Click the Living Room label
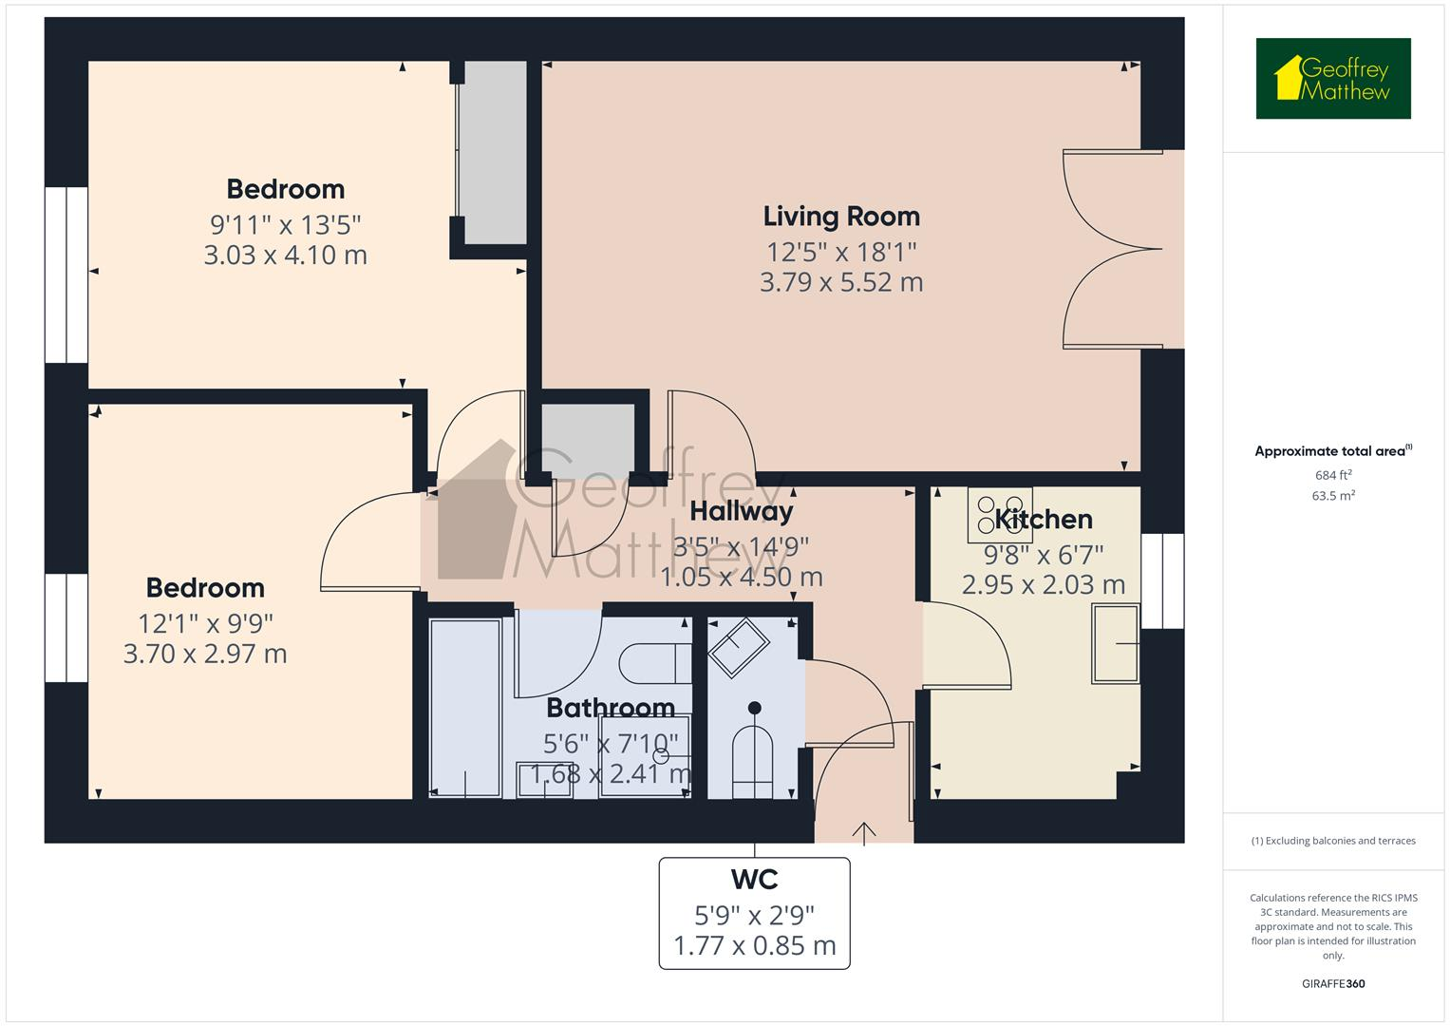pyautogui.click(x=841, y=217)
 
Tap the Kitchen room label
pyautogui.click(x=1044, y=520)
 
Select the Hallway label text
pyautogui.click(x=741, y=512)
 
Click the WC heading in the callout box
pyautogui.click(x=755, y=880)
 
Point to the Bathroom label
pyautogui.click(x=611, y=708)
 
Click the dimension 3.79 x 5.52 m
pyautogui.click(x=841, y=283)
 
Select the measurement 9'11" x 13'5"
pyautogui.click(x=285, y=225)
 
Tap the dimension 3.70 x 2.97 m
pyautogui.click(x=205, y=654)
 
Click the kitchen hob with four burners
pyautogui.click(x=1000, y=515)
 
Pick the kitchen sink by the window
pyautogui.click(x=1116, y=643)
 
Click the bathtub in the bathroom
pyautogui.click(x=464, y=708)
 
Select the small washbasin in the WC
pyautogui.click(x=739, y=647)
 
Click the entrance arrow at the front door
pyautogui.click(x=864, y=832)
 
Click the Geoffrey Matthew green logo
pyautogui.click(x=1333, y=79)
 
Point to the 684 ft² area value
pyautogui.click(x=1333, y=475)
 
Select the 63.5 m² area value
pyautogui.click(x=1333, y=495)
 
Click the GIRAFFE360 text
pyautogui.click(x=1333, y=983)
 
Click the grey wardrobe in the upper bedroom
pyautogui.click(x=492, y=152)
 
